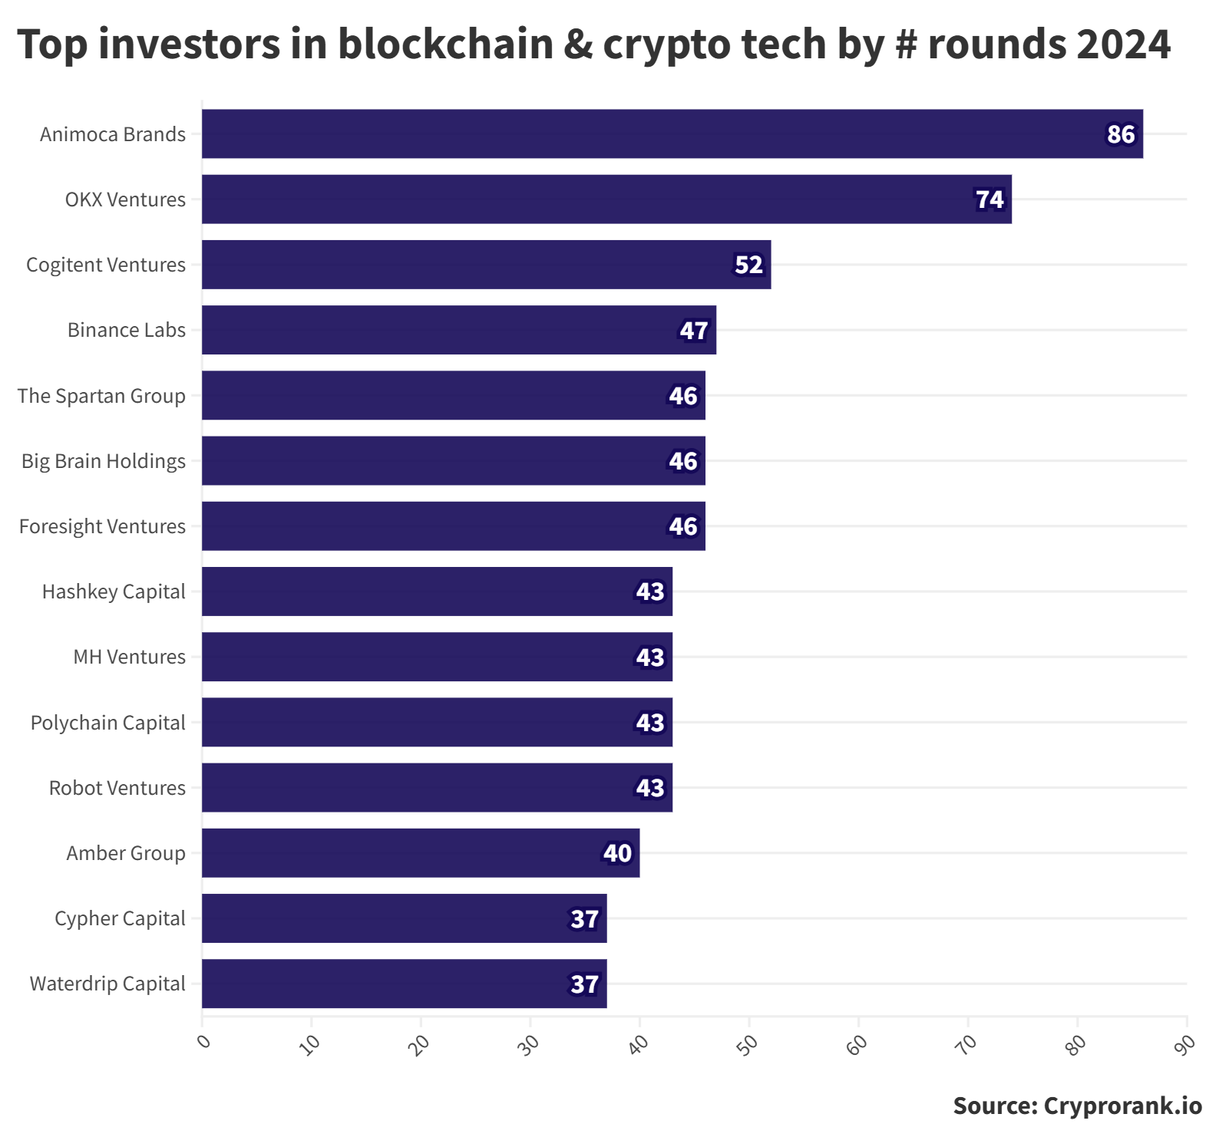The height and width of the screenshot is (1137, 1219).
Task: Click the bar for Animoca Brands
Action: coord(672,133)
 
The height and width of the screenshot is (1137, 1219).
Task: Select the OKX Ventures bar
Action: coord(606,199)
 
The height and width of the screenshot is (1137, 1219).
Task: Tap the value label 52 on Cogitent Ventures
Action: coord(748,265)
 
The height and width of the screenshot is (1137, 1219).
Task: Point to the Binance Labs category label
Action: coord(127,330)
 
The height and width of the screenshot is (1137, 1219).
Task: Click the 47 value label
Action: coord(694,331)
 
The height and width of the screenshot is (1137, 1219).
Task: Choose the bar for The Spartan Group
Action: coord(454,395)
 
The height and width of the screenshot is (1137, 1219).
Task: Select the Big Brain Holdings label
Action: coord(104,461)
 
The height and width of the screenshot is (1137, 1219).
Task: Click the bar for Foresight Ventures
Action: coord(454,526)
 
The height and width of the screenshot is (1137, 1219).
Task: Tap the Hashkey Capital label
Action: coord(114,592)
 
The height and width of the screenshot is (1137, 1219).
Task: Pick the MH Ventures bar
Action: coord(437,657)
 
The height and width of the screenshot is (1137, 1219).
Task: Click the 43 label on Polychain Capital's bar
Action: coord(650,723)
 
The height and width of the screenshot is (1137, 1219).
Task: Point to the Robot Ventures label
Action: coord(117,788)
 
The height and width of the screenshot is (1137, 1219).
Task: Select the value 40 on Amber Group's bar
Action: coord(617,853)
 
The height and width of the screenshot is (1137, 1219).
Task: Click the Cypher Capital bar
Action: coord(405,918)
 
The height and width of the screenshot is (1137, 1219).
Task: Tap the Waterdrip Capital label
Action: coord(107,984)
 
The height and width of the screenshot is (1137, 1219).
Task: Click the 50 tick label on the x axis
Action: coord(748,1043)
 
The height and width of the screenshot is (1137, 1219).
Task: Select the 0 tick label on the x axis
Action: coord(203,1040)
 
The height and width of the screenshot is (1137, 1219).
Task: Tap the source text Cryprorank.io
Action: coord(1123,1106)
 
